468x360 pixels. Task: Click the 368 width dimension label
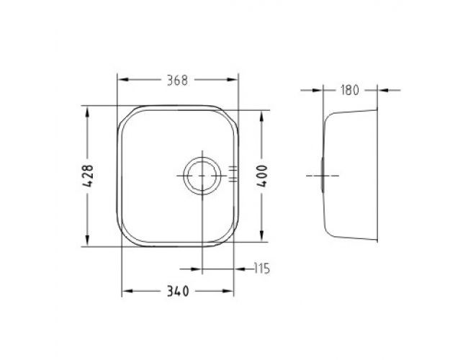pyautogui.click(x=177, y=81)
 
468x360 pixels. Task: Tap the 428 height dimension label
pyautogui.click(x=88, y=176)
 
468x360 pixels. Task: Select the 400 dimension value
pyautogui.click(x=262, y=176)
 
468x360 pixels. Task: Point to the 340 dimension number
pyautogui.click(x=178, y=291)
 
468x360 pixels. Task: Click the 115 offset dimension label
pyautogui.click(x=262, y=269)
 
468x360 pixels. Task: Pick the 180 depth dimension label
pyautogui.click(x=350, y=90)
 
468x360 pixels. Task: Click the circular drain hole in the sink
pyautogui.click(x=202, y=176)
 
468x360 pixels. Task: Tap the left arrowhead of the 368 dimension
pyautogui.click(x=122, y=80)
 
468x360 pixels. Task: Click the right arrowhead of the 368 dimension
pyautogui.click(x=233, y=80)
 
